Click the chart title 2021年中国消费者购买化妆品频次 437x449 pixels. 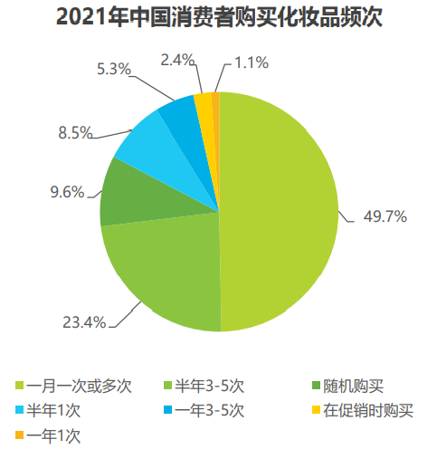point(218,17)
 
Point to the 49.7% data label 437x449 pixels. point(385,216)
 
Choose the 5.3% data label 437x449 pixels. point(112,67)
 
